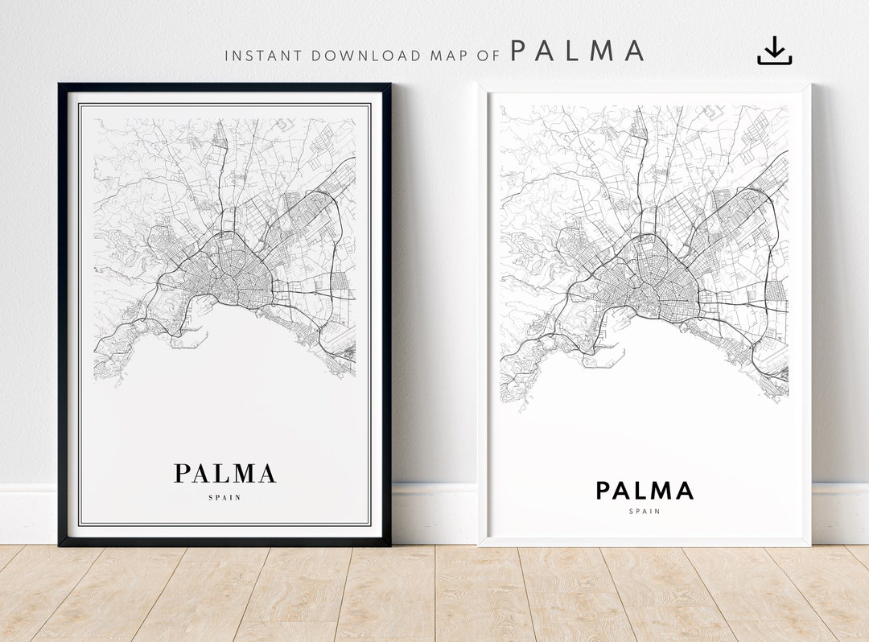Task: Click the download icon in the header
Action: pyautogui.click(x=774, y=51)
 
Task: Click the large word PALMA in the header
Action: pyautogui.click(x=578, y=51)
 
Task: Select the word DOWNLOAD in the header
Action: pyautogui.click(x=366, y=56)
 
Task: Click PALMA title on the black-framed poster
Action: pyautogui.click(x=225, y=473)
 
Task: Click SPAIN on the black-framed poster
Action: pyautogui.click(x=224, y=497)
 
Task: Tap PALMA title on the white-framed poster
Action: pyautogui.click(x=645, y=491)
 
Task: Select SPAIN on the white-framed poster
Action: pyautogui.click(x=645, y=511)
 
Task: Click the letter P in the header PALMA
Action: pyautogui.click(x=520, y=51)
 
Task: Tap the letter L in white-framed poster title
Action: pyautogui.click(x=643, y=491)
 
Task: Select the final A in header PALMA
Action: pyautogui.click(x=634, y=51)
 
